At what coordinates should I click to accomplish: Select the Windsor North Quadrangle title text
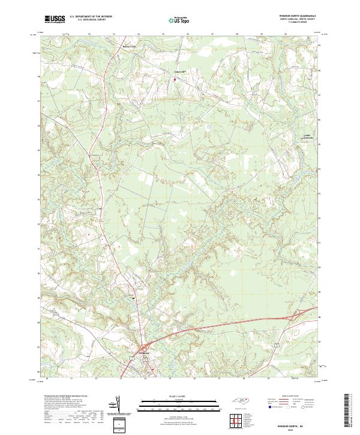(296, 16)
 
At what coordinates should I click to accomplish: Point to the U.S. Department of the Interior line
(89, 17)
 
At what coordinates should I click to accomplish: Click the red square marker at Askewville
(175, 79)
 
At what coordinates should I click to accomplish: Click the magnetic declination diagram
(118, 407)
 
